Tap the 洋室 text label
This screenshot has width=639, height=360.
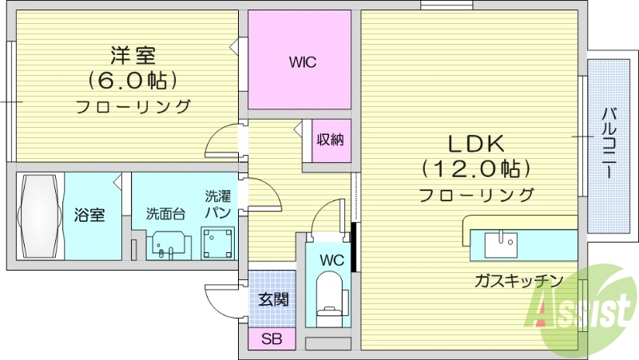pos(133,56)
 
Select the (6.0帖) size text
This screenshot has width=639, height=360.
pos(133,81)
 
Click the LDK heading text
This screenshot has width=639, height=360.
pos(474,144)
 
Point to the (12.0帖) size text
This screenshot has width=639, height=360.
pos(475,168)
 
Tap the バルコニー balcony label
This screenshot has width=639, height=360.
pos(607,145)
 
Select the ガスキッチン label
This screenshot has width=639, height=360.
pos(518,280)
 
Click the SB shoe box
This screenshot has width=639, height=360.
pos(271,338)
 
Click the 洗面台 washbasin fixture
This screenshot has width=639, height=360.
pos(169,244)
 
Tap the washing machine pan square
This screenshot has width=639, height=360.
pos(218,243)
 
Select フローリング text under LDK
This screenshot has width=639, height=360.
pos(475,194)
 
